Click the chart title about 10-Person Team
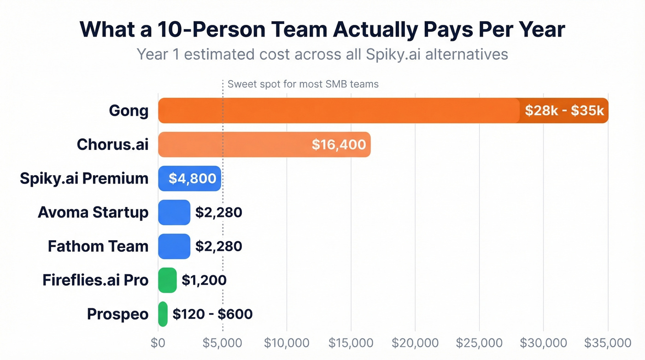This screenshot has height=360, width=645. pyautogui.click(x=322, y=30)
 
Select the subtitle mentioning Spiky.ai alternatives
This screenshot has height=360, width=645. pyautogui.click(x=322, y=54)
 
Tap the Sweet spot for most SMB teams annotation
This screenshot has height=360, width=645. pyautogui.click(x=303, y=84)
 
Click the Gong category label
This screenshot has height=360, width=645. pyautogui.click(x=129, y=111)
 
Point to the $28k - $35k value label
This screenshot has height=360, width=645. pyautogui.click(x=564, y=111)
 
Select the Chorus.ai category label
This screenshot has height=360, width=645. pyautogui.click(x=112, y=144)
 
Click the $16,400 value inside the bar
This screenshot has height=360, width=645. pyautogui.click(x=339, y=144)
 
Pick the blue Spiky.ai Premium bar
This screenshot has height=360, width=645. pyautogui.click(x=189, y=178)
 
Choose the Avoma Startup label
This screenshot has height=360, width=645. pyautogui.click(x=93, y=212)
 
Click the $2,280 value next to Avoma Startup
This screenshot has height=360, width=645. pyautogui.click(x=218, y=212)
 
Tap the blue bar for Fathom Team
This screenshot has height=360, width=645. pyautogui.click(x=174, y=246)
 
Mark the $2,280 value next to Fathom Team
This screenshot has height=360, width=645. pyautogui.click(x=218, y=246)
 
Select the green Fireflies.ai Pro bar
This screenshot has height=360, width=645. pyautogui.click(x=167, y=280)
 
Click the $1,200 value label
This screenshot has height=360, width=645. pyautogui.click(x=204, y=280)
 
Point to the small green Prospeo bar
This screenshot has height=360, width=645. pyautogui.click(x=163, y=314)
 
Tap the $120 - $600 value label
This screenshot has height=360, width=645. pyautogui.click(x=212, y=314)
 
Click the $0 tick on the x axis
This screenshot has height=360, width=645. pyautogui.click(x=158, y=343)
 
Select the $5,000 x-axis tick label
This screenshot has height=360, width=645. pyautogui.click(x=223, y=343)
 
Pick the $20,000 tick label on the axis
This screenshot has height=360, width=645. pyautogui.click(x=415, y=343)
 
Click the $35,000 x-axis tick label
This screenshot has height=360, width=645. pyautogui.click(x=608, y=343)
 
